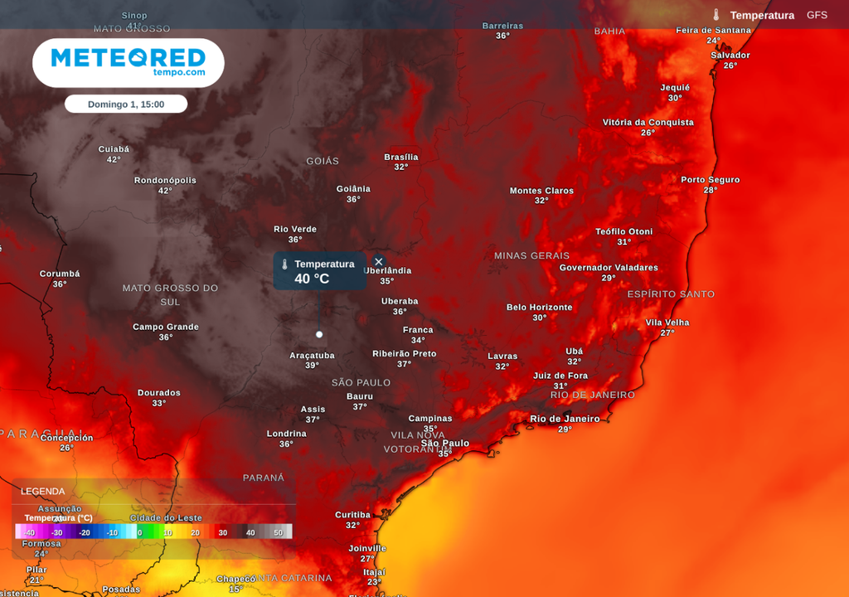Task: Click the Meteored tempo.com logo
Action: (128, 62)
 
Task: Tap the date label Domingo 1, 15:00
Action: (126, 104)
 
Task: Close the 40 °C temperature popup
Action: (379, 262)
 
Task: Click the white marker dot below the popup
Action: (319, 334)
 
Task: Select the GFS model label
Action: (817, 15)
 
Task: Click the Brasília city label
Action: (401, 158)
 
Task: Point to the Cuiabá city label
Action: (114, 149)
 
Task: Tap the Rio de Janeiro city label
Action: (565, 419)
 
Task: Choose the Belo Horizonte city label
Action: (539, 308)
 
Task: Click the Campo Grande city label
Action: (166, 327)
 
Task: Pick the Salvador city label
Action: (730, 56)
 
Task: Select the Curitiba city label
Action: (352, 515)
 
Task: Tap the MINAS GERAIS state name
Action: (531, 255)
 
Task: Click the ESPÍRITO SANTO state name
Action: (671, 294)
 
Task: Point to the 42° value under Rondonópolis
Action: (165, 192)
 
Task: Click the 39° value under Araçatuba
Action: (312, 366)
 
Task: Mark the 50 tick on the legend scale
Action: (278, 532)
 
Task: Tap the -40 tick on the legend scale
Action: (29, 532)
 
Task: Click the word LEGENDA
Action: (42, 492)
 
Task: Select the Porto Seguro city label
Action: (711, 180)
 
